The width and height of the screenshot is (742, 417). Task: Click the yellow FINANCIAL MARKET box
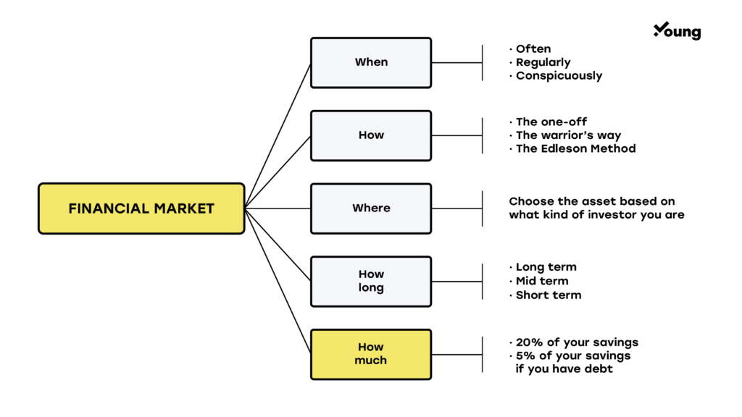(x=141, y=208)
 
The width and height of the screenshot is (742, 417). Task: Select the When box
(x=371, y=63)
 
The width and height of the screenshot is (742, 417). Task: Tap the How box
(x=371, y=135)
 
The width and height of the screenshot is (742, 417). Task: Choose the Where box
(x=371, y=208)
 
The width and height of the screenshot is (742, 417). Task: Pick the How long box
(x=371, y=281)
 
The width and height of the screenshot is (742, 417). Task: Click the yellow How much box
(x=371, y=354)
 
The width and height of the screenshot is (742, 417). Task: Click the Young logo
(x=677, y=31)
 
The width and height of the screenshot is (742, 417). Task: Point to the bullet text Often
(x=533, y=49)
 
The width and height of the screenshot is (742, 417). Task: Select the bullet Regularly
(x=543, y=63)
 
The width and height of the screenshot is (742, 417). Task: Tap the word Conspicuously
(x=559, y=76)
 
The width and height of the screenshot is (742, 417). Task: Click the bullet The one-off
(x=551, y=122)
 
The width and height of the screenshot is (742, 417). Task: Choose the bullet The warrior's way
(x=568, y=135)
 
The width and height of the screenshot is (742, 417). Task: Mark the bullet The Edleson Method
(x=575, y=149)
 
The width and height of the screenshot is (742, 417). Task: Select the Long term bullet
(x=546, y=267)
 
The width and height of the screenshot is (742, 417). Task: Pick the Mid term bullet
(x=541, y=281)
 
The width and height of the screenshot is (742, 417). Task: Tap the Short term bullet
(x=548, y=295)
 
